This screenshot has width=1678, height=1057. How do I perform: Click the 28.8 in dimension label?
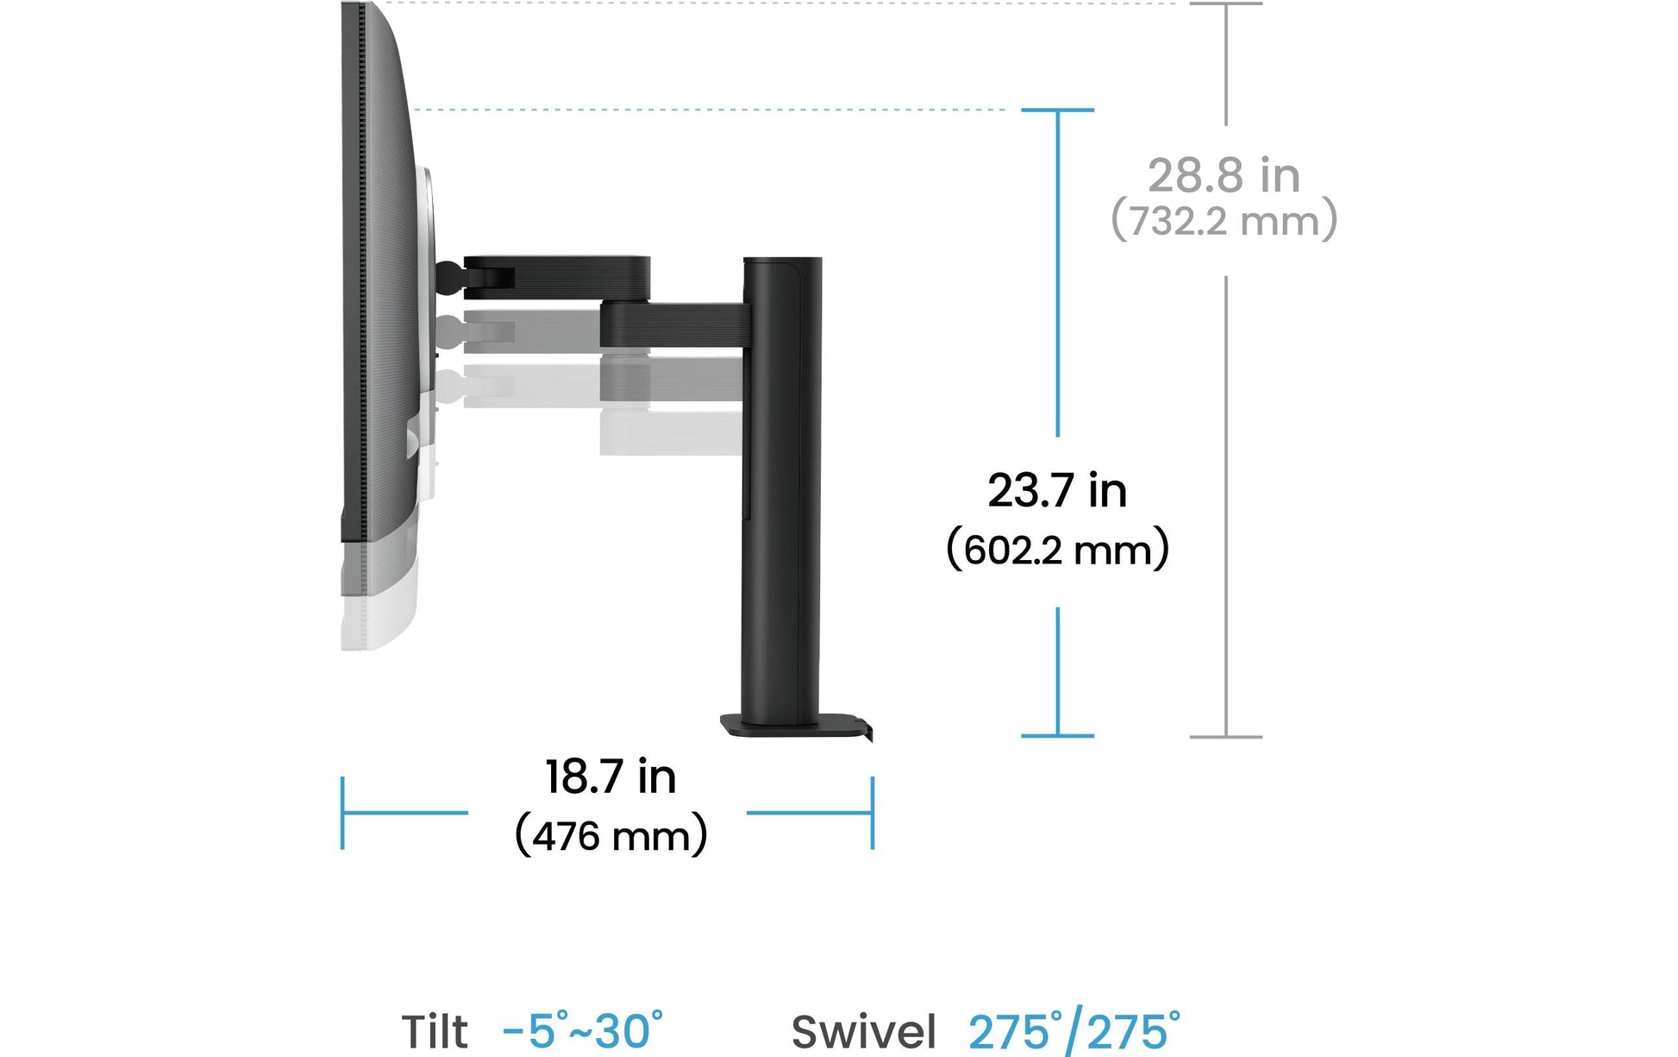click(1224, 176)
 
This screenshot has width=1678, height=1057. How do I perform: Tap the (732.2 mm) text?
click(1224, 220)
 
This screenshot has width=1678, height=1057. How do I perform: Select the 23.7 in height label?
click(1057, 491)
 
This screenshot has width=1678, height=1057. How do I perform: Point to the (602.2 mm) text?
click(1058, 549)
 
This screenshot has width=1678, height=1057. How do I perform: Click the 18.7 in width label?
click(610, 777)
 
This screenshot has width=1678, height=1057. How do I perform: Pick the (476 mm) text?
click(611, 835)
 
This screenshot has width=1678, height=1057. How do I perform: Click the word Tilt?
click(435, 1032)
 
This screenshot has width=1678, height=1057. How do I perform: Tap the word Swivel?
click(864, 1032)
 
